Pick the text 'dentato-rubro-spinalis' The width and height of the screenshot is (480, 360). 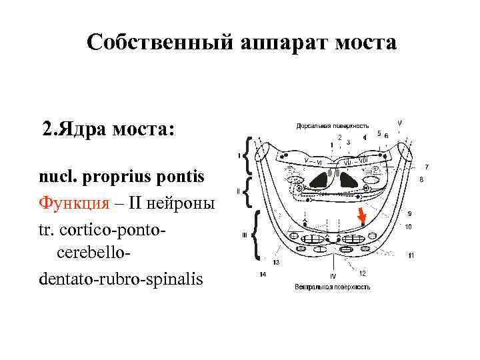[121, 278]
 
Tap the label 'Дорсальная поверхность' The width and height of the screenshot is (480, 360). [332, 125]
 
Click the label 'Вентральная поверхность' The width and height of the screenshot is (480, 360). [332, 287]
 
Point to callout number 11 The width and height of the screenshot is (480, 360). [411, 255]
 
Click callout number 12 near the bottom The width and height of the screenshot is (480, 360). [362, 273]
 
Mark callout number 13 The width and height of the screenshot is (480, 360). [275, 263]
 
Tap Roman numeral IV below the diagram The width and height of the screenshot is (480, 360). [331, 276]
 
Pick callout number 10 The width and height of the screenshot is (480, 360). [408, 227]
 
